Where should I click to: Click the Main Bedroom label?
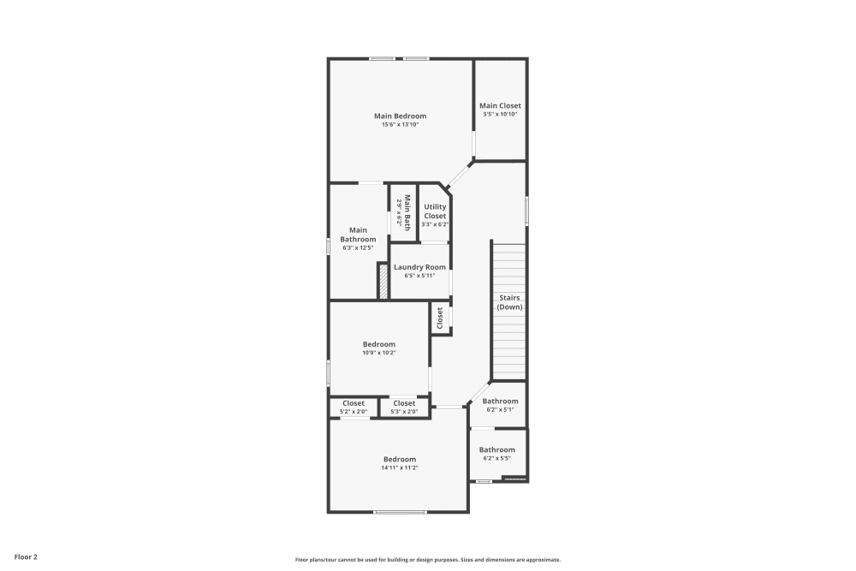click(400, 116)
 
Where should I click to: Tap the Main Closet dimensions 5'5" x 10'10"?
click(500, 114)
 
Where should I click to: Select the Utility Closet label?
click(435, 211)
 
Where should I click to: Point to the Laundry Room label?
click(419, 267)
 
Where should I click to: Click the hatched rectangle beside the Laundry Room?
click(383, 281)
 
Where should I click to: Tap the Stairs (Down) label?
click(510, 302)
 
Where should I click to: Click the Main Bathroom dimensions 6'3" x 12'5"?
click(358, 248)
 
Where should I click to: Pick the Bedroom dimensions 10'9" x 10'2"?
click(378, 352)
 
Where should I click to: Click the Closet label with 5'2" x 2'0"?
click(354, 403)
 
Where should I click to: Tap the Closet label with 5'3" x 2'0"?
click(404, 403)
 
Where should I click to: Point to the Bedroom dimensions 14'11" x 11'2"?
click(399, 467)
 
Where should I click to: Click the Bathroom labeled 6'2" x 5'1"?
click(500, 401)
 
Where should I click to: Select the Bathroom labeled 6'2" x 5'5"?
click(496, 449)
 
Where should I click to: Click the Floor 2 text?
click(24, 556)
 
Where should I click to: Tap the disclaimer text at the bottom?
click(428, 559)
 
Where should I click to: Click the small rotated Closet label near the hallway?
click(440, 318)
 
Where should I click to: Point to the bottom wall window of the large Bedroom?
click(400, 512)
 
